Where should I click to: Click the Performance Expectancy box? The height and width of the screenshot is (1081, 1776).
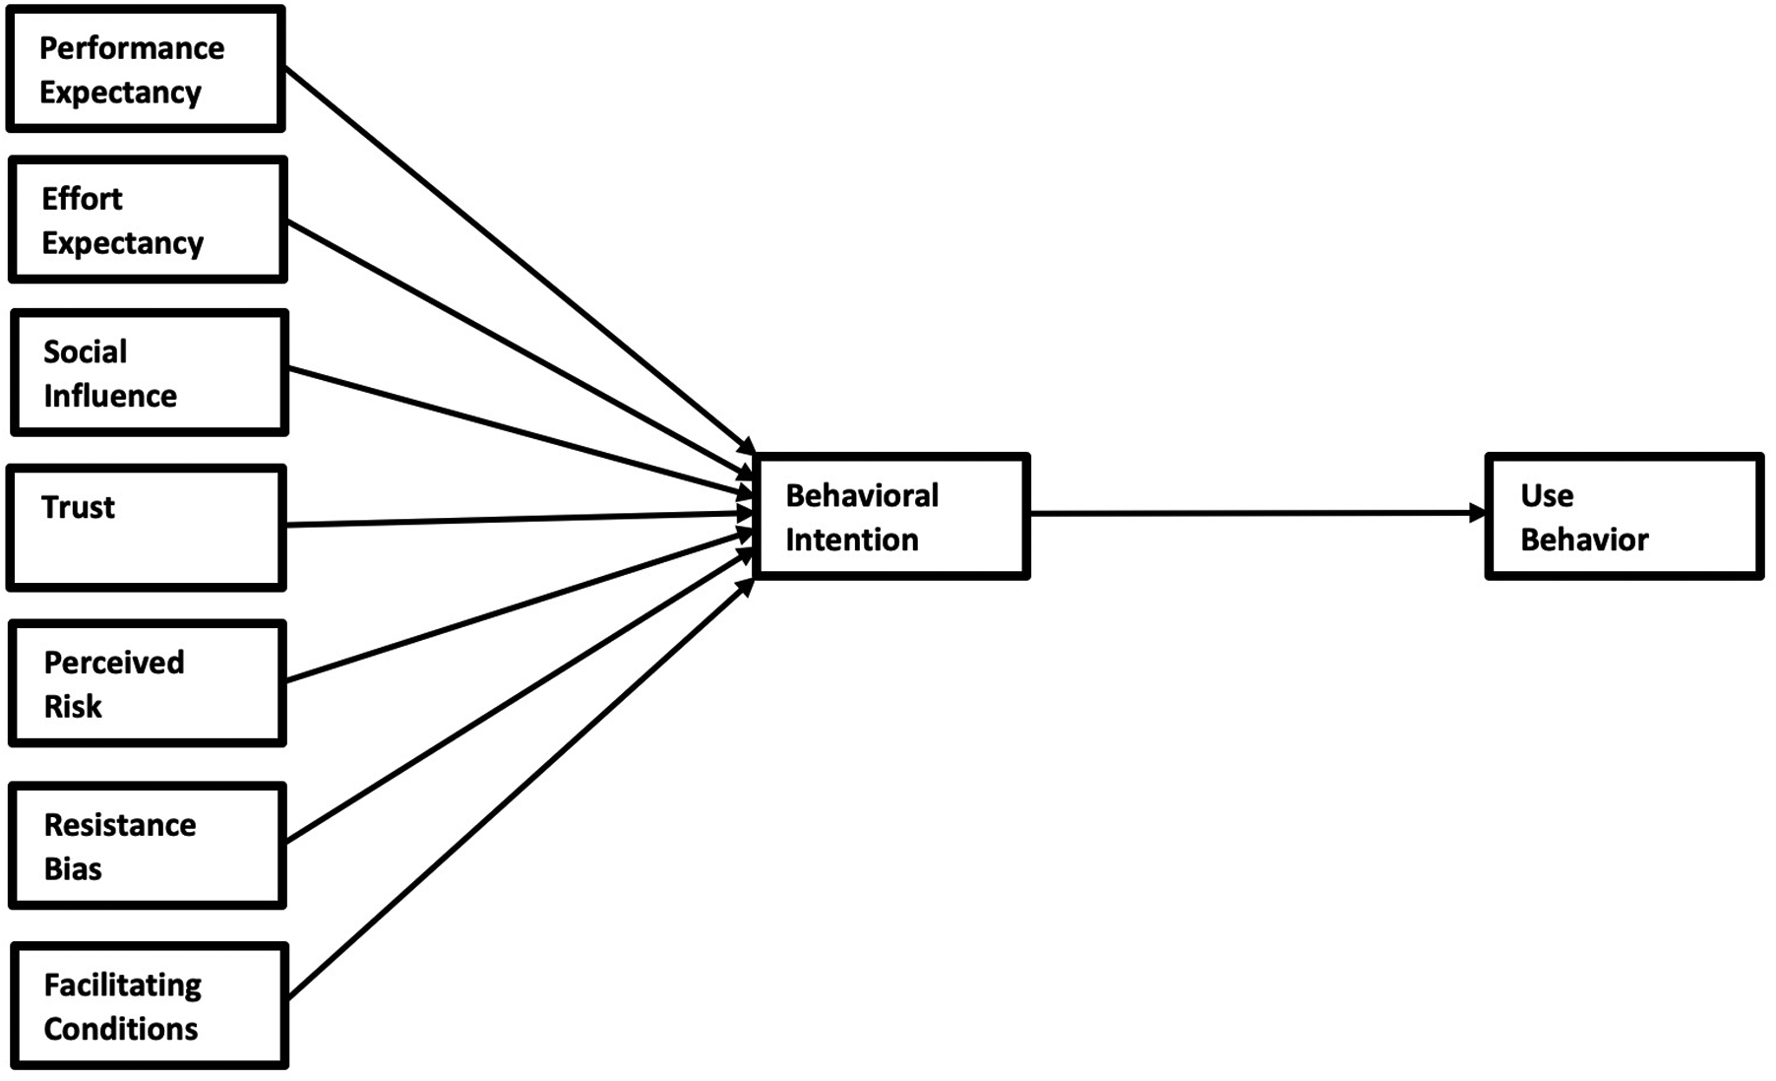click(x=146, y=69)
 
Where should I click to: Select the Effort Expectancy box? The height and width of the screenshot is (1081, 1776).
click(x=148, y=220)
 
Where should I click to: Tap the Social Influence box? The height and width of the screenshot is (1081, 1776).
click(x=149, y=372)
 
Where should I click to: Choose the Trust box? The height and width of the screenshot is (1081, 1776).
click(x=147, y=528)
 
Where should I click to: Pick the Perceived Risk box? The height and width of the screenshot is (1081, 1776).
click(x=148, y=682)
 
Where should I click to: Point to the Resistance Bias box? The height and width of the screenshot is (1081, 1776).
click(x=148, y=845)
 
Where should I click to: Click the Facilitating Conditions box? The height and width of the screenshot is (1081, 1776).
click(x=150, y=1005)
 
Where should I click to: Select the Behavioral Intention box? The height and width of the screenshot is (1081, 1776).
click(x=891, y=516)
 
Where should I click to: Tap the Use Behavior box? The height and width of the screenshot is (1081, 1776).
click(x=1623, y=516)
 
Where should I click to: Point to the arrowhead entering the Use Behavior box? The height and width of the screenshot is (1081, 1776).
click(x=1477, y=513)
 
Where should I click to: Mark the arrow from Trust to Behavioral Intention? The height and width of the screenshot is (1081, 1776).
click(x=512, y=520)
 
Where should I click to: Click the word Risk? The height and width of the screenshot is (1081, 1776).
click(x=73, y=706)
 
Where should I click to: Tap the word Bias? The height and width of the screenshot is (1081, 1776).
click(x=73, y=868)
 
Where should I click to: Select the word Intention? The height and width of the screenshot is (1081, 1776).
click(x=851, y=540)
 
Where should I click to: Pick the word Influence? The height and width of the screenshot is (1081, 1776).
click(x=110, y=396)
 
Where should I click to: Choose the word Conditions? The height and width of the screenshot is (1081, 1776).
click(x=121, y=1029)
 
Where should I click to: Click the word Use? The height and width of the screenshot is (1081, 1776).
click(x=1547, y=495)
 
